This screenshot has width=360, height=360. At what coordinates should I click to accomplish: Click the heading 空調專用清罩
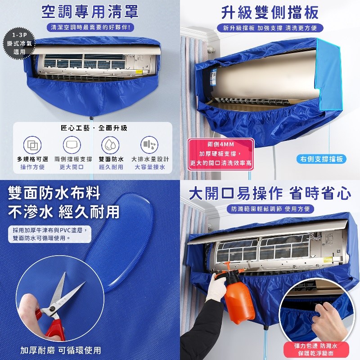tap(90, 12)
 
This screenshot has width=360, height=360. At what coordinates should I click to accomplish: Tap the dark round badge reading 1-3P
tap(19, 43)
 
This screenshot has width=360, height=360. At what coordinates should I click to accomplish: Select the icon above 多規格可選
tap(32, 145)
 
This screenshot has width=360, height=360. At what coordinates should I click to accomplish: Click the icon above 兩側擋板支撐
tap(72, 145)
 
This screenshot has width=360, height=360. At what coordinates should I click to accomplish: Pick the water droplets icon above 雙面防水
tap(110, 145)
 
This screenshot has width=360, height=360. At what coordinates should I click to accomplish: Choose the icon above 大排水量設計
tap(149, 145)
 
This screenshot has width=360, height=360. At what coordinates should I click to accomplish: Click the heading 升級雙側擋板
tap(270, 13)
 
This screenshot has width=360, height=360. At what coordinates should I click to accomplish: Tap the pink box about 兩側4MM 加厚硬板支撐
tap(220, 154)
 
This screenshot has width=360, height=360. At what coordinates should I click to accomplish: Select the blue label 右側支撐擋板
tap(321, 159)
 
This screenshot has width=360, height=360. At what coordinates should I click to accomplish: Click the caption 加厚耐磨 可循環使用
tap(61, 351)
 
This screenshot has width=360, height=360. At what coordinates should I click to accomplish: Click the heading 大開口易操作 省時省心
tap(270, 193)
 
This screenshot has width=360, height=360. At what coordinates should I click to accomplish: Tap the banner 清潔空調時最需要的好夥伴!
tap(90, 27)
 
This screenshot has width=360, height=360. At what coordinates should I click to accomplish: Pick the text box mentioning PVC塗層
tap(49, 234)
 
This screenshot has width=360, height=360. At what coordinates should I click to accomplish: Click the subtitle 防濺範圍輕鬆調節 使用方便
tap(270, 209)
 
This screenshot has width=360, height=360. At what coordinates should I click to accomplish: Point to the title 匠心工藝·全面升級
tap(94, 128)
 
